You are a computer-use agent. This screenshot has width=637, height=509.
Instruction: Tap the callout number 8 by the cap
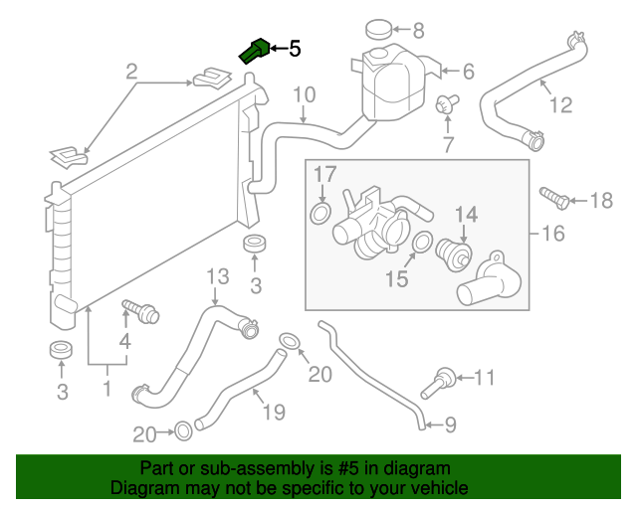(x=418, y=30)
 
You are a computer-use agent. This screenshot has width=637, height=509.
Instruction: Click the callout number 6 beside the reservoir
(x=468, y=72)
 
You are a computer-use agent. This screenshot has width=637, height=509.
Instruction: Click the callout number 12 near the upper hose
(x=561, y=103)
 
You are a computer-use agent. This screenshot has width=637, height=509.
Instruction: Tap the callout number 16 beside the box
(x=553, y=235)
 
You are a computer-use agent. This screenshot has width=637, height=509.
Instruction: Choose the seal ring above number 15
(x=422, y=243)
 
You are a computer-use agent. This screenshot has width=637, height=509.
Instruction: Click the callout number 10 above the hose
(x=304, y=95)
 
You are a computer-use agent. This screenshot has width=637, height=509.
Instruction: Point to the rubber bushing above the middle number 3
(x=255, y=245)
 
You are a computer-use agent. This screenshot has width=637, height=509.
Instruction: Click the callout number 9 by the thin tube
(x=450, y=426)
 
